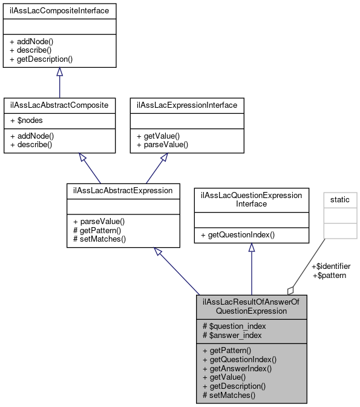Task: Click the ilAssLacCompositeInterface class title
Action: [x=59, y=10]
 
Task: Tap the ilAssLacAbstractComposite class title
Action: [x=59, y=105]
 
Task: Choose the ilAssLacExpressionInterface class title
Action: [x=188, y=105]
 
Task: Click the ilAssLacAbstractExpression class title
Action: [x=123, y=190]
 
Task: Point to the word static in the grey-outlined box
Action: [x=341, y=199]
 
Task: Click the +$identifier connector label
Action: [x=330, y=266]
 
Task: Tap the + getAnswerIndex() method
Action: [x=237, y=368]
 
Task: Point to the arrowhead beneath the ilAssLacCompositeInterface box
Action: [x=59, y=72]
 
